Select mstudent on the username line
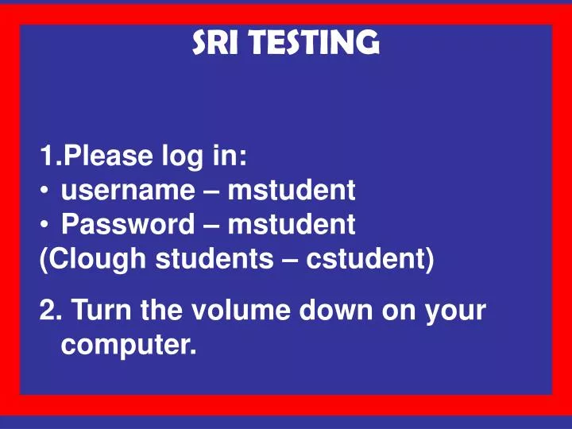pos(291,191)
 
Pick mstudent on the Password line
pos(292,226)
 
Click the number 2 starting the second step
pos(46,310)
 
